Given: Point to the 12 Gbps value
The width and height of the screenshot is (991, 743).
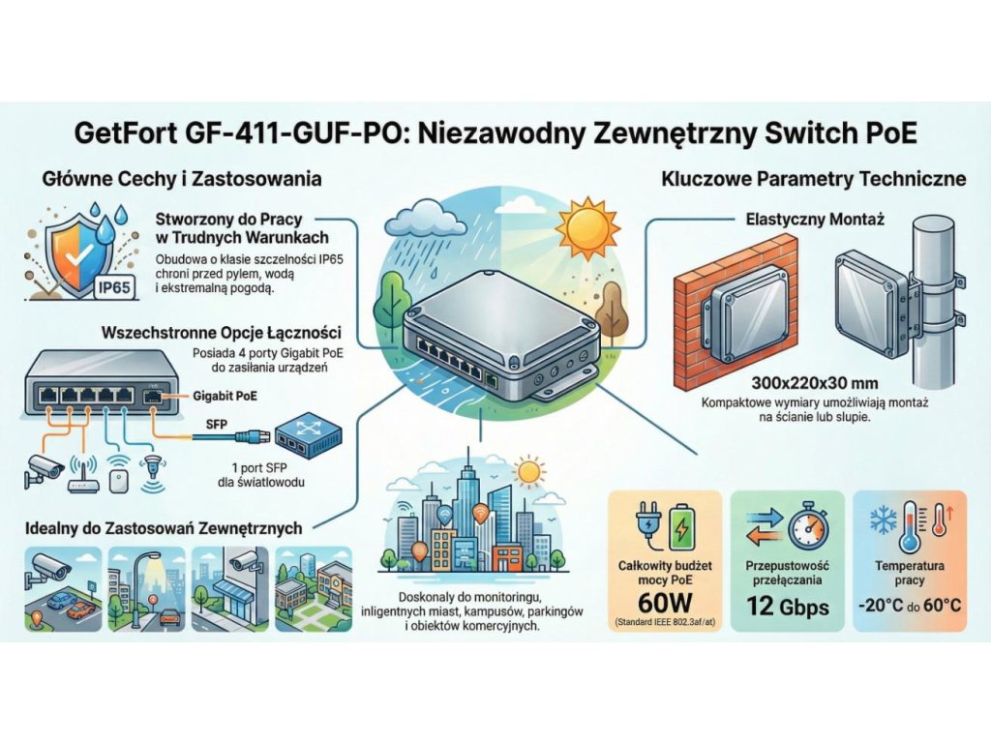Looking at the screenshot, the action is (x=789, y=607).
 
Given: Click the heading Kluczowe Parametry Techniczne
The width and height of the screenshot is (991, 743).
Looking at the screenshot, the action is (x=813, y=179).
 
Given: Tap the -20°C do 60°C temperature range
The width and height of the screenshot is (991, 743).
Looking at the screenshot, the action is (x=909, y=606).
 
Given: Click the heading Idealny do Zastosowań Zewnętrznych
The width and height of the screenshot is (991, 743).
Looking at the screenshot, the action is (x=163, y=528).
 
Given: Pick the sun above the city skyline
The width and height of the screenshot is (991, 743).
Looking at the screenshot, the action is (x=528, y=472).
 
